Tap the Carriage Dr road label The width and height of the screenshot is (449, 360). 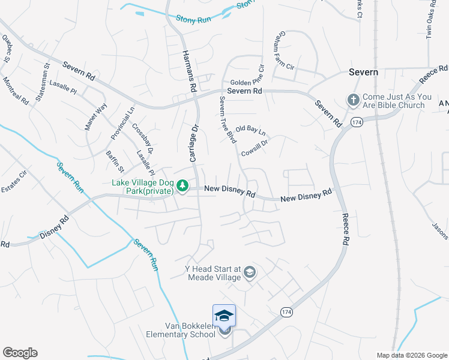click(x=194, y=143)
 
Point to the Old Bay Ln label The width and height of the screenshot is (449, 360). click(x=250, y=129)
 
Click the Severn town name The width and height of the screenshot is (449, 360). click(x=364, y=72)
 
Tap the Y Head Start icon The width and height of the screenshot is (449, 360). click(x=250, y=273)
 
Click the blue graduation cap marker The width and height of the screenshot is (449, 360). click(x=224, y=316)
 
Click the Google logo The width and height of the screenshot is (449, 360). click(x=20, y=353)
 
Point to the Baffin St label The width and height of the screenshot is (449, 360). click(x=115, y=161)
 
